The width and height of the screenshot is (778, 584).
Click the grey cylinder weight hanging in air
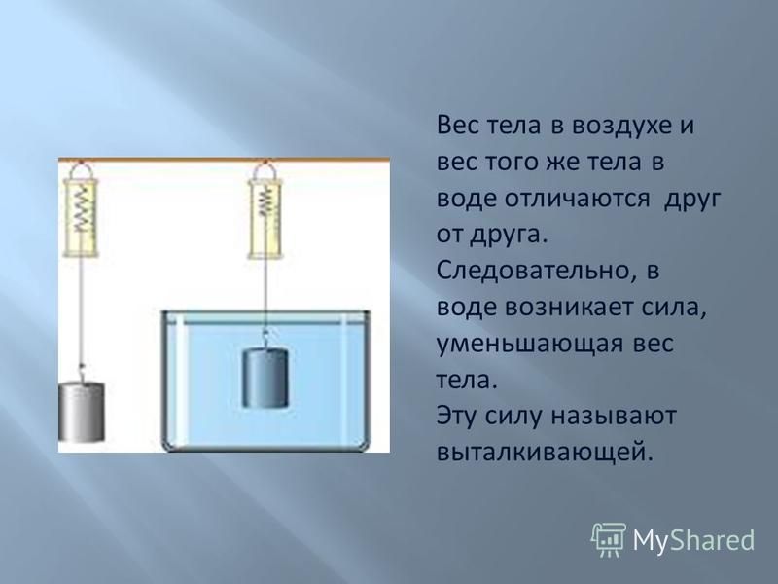(x=82, y=412)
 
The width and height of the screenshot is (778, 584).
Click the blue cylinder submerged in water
(x=265, y=378)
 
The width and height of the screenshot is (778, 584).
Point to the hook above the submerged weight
(x=265, y=340)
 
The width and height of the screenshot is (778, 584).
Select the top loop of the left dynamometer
(x=82, y=171)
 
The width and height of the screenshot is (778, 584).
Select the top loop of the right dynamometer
(x=265, y=171)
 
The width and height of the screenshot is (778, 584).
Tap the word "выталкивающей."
(x=544, y=453)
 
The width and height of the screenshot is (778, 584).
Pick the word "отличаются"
(x=577, y=199)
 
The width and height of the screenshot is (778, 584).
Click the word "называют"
(x=615, y=417)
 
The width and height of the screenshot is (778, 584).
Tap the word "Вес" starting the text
(x=456, y=127)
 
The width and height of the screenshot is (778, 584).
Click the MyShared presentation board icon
(x=609, y=540)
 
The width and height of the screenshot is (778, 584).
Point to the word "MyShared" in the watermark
(x=693, y=540)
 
